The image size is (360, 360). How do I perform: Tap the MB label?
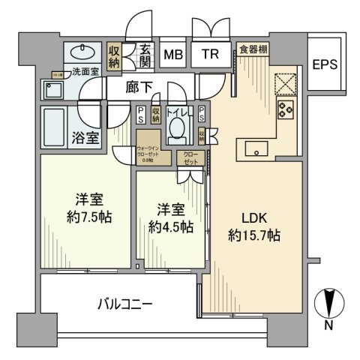[x=172, y=54]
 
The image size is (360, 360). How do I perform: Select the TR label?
[x=209, y=54]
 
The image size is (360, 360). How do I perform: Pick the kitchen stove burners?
[x=286, y=110]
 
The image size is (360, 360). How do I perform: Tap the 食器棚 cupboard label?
[x=255, y=49]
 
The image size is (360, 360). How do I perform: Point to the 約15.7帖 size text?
[x=253, y=236]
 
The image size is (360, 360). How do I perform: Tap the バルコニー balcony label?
[x=125, y=305]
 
